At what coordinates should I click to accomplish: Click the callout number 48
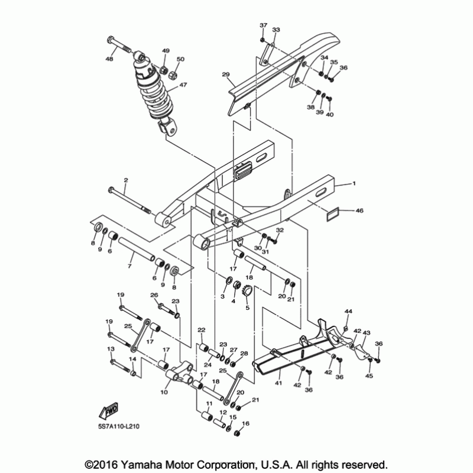pyautogui.click(x=109, y=59)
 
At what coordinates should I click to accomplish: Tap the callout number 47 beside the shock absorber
pyautogui.click(x=183, y=85)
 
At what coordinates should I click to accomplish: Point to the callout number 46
pyautogui.click(x=361, y=210)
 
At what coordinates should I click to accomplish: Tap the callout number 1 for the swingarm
pyautogui.click(x=354, y=184)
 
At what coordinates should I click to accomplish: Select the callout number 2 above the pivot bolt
pyautogui.click(x=125, y=179)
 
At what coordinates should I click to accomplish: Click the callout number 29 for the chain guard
pyautogui.click(x=225, y=74)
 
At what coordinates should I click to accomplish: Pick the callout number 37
pyautogui.click(x=263, y=25)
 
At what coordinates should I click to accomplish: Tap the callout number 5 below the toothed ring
pyautogui.click(x=247, y=307)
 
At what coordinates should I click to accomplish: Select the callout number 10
pyautogui.click(x=164, y=392)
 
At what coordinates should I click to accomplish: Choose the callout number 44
pyautogui.click(x=348, y=312)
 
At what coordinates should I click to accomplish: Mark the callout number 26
pyautogui.click(x=154, y=295)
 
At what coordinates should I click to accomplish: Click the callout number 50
pyautogui.click(x=181, y=59)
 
